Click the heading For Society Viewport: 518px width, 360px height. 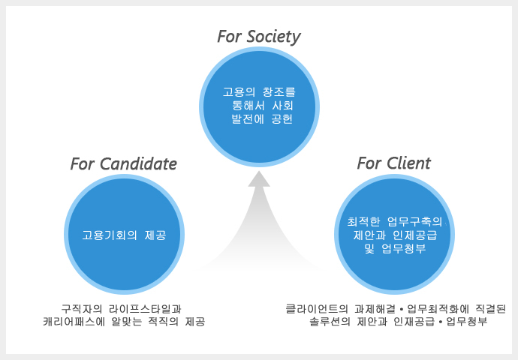coord(258,37)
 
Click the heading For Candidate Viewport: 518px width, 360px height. coord(123,163)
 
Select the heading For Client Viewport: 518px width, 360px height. coord(393,163)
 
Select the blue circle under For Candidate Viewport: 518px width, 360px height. coord(123,234)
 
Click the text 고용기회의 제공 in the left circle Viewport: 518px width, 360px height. coord(123,235)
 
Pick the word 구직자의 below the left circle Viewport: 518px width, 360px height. coord(80,308)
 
